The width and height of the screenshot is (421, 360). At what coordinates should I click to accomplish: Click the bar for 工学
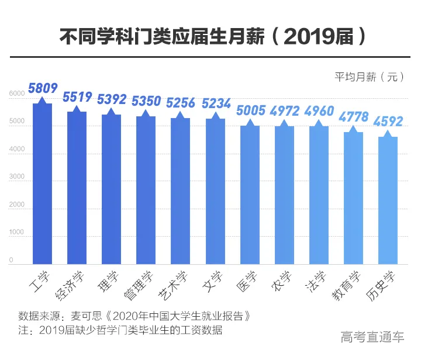[42, 184]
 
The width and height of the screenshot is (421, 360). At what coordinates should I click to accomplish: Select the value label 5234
[216, 103]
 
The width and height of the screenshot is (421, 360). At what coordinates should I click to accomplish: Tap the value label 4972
[285, 111]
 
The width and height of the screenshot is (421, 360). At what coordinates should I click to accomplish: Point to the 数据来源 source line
[134, 316]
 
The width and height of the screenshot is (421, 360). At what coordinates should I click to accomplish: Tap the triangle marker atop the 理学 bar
[112, 110]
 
